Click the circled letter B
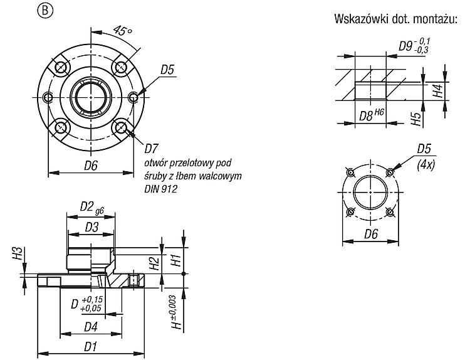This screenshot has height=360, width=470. coord(44,11)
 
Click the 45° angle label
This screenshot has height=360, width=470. coord(123,30)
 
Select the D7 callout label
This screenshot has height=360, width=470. coord(152,148)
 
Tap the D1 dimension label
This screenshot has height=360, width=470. coord(90,347)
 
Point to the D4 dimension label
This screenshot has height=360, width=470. coord(91,327)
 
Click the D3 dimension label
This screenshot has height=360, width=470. coord(91,228)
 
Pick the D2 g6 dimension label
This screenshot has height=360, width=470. coord(92,208)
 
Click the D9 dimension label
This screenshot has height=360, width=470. coord(414,46)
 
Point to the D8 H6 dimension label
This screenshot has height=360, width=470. coord(372,115)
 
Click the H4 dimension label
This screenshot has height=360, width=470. coord(438,90)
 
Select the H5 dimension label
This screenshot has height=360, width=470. coord(415,119)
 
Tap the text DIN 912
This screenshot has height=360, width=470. coord(160,189)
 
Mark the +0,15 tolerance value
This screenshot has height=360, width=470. coord(92,300)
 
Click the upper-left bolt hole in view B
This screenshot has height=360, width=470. coord(61,67)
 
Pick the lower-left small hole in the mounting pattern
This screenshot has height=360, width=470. coord(350,212)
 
